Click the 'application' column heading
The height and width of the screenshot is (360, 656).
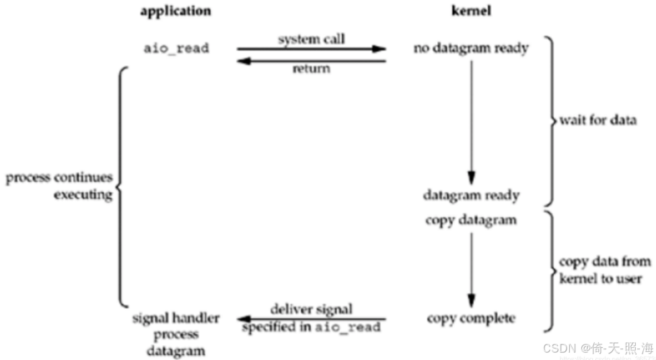click(x=175, y=11)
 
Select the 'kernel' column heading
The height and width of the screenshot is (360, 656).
click(x=471, y=11)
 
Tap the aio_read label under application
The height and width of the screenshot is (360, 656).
click(x=176, y=48)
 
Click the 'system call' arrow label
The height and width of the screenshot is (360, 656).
click(x=311, y=39)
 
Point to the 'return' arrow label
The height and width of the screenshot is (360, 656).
click(x=311, y=69)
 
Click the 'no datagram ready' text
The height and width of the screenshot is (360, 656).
click(x=471, y=48)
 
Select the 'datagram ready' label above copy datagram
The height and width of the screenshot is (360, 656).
click(x=471, y=195)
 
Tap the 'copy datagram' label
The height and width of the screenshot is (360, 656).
click(x=471, y=219)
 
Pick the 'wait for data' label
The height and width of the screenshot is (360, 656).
click(x=597, y=121)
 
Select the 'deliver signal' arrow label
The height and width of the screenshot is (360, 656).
click(x=311, y=310)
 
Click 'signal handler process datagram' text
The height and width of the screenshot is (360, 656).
click(x=175, y=333)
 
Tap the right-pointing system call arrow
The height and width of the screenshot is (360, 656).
click(x=311, y=49)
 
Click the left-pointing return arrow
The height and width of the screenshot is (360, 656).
click(x=311, y=61)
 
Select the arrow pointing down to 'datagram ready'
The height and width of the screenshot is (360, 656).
click(x=471, y=121)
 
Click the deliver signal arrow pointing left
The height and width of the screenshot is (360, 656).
click(x=311, y=318)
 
